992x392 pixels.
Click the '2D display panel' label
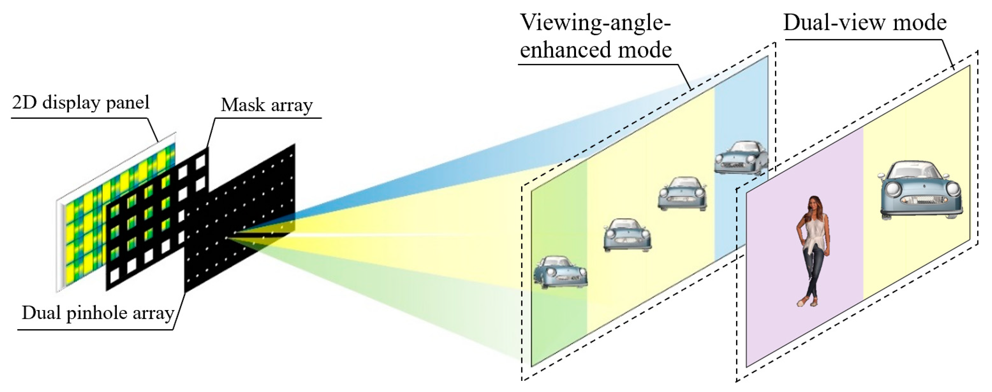81,103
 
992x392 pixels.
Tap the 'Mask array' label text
266,105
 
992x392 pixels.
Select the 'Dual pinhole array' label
98,313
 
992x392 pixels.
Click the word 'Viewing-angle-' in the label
595,23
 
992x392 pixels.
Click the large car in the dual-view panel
920,190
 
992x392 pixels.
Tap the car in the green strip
560,272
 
